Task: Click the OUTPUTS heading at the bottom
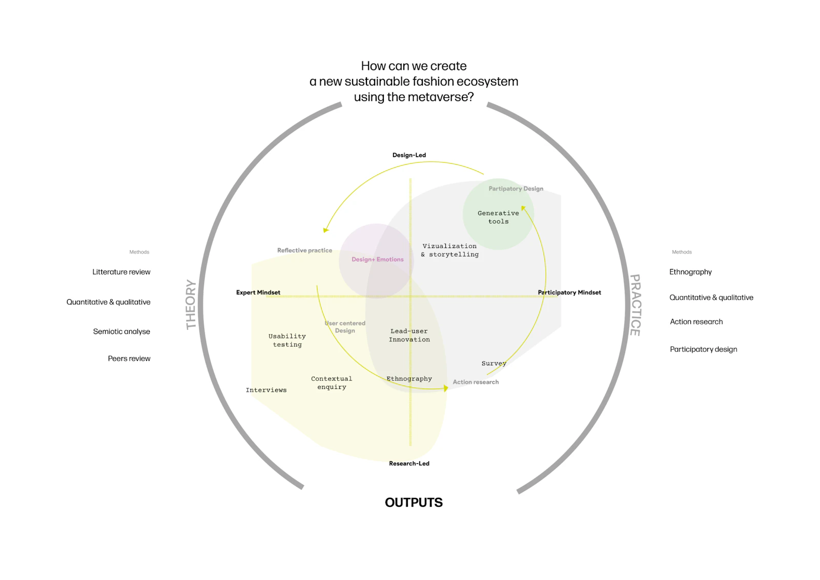click(x=414, y=503)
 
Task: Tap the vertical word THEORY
click(x=191, y=304)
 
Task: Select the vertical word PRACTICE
click(x=635, y=305)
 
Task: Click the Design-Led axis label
click(x=409, y=155)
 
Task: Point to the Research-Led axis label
click(x=409, y=464)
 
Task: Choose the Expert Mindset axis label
click(x=258, y=293)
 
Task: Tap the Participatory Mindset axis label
click(x=569, y=293)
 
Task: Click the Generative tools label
click(x=498, y=217)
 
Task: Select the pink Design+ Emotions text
click(x=377, y=260)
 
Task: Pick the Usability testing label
click(x=287, y=340)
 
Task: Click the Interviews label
click(x=266, y=390)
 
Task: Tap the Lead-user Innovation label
click(x=409, y=335)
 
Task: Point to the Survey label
click(x=494, y=364)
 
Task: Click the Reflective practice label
click(x=304, y=251)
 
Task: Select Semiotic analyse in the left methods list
click(x=121, y=332)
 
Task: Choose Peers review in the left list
click(x=129, y=359)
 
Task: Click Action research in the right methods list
click(x=696, y=322)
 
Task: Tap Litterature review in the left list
click(x=121, y=272)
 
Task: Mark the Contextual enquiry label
click(x=332, y=383)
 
